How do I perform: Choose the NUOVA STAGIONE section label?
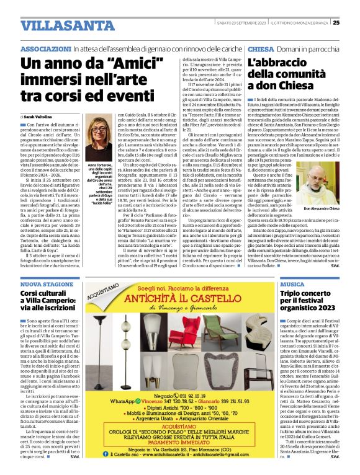(45, 283)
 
